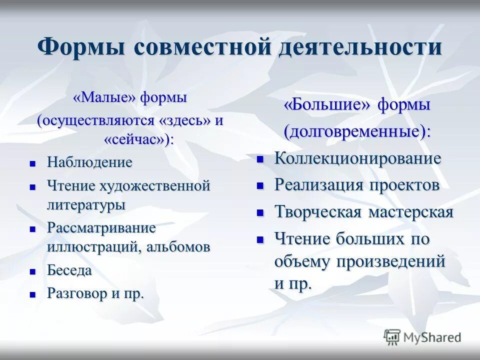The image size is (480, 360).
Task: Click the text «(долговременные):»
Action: pyautogui.click(x=357, y=131)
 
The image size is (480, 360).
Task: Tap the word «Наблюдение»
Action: pyautogui.click(x=89, y=162)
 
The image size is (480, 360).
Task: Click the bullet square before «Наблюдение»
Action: pyautogui.click(x=33, y=163)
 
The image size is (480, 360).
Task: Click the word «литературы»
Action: pyautogui.click(x=86, y=204)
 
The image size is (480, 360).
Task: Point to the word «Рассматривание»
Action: pyautogui.click(x=101, y=228)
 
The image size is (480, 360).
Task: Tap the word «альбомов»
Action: pyautogui.click(x=178, y=247)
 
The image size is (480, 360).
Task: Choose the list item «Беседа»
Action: pyautogui.click(x=69, y=270)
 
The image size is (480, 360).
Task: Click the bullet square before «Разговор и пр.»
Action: pyautogui.click(x=33, y=294)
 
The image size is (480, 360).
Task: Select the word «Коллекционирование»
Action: pyautogui.click(x=357, y=158)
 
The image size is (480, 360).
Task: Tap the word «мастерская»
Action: pyautogui.click(x=411, y=212)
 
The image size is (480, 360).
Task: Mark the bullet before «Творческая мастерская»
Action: pyautogui.click(x=260, y=212)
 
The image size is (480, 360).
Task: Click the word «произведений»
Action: pyautogui.click(x=392, y=260)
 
